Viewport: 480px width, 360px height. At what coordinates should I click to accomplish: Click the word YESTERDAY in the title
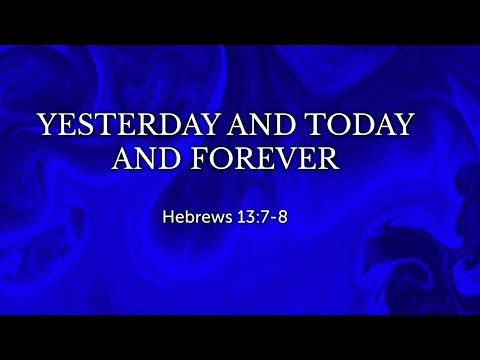126,126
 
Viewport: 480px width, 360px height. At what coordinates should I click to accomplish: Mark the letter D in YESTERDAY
168,126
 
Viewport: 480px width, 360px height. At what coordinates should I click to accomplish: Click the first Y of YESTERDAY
46,126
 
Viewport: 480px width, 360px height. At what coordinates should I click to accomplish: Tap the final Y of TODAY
403,126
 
